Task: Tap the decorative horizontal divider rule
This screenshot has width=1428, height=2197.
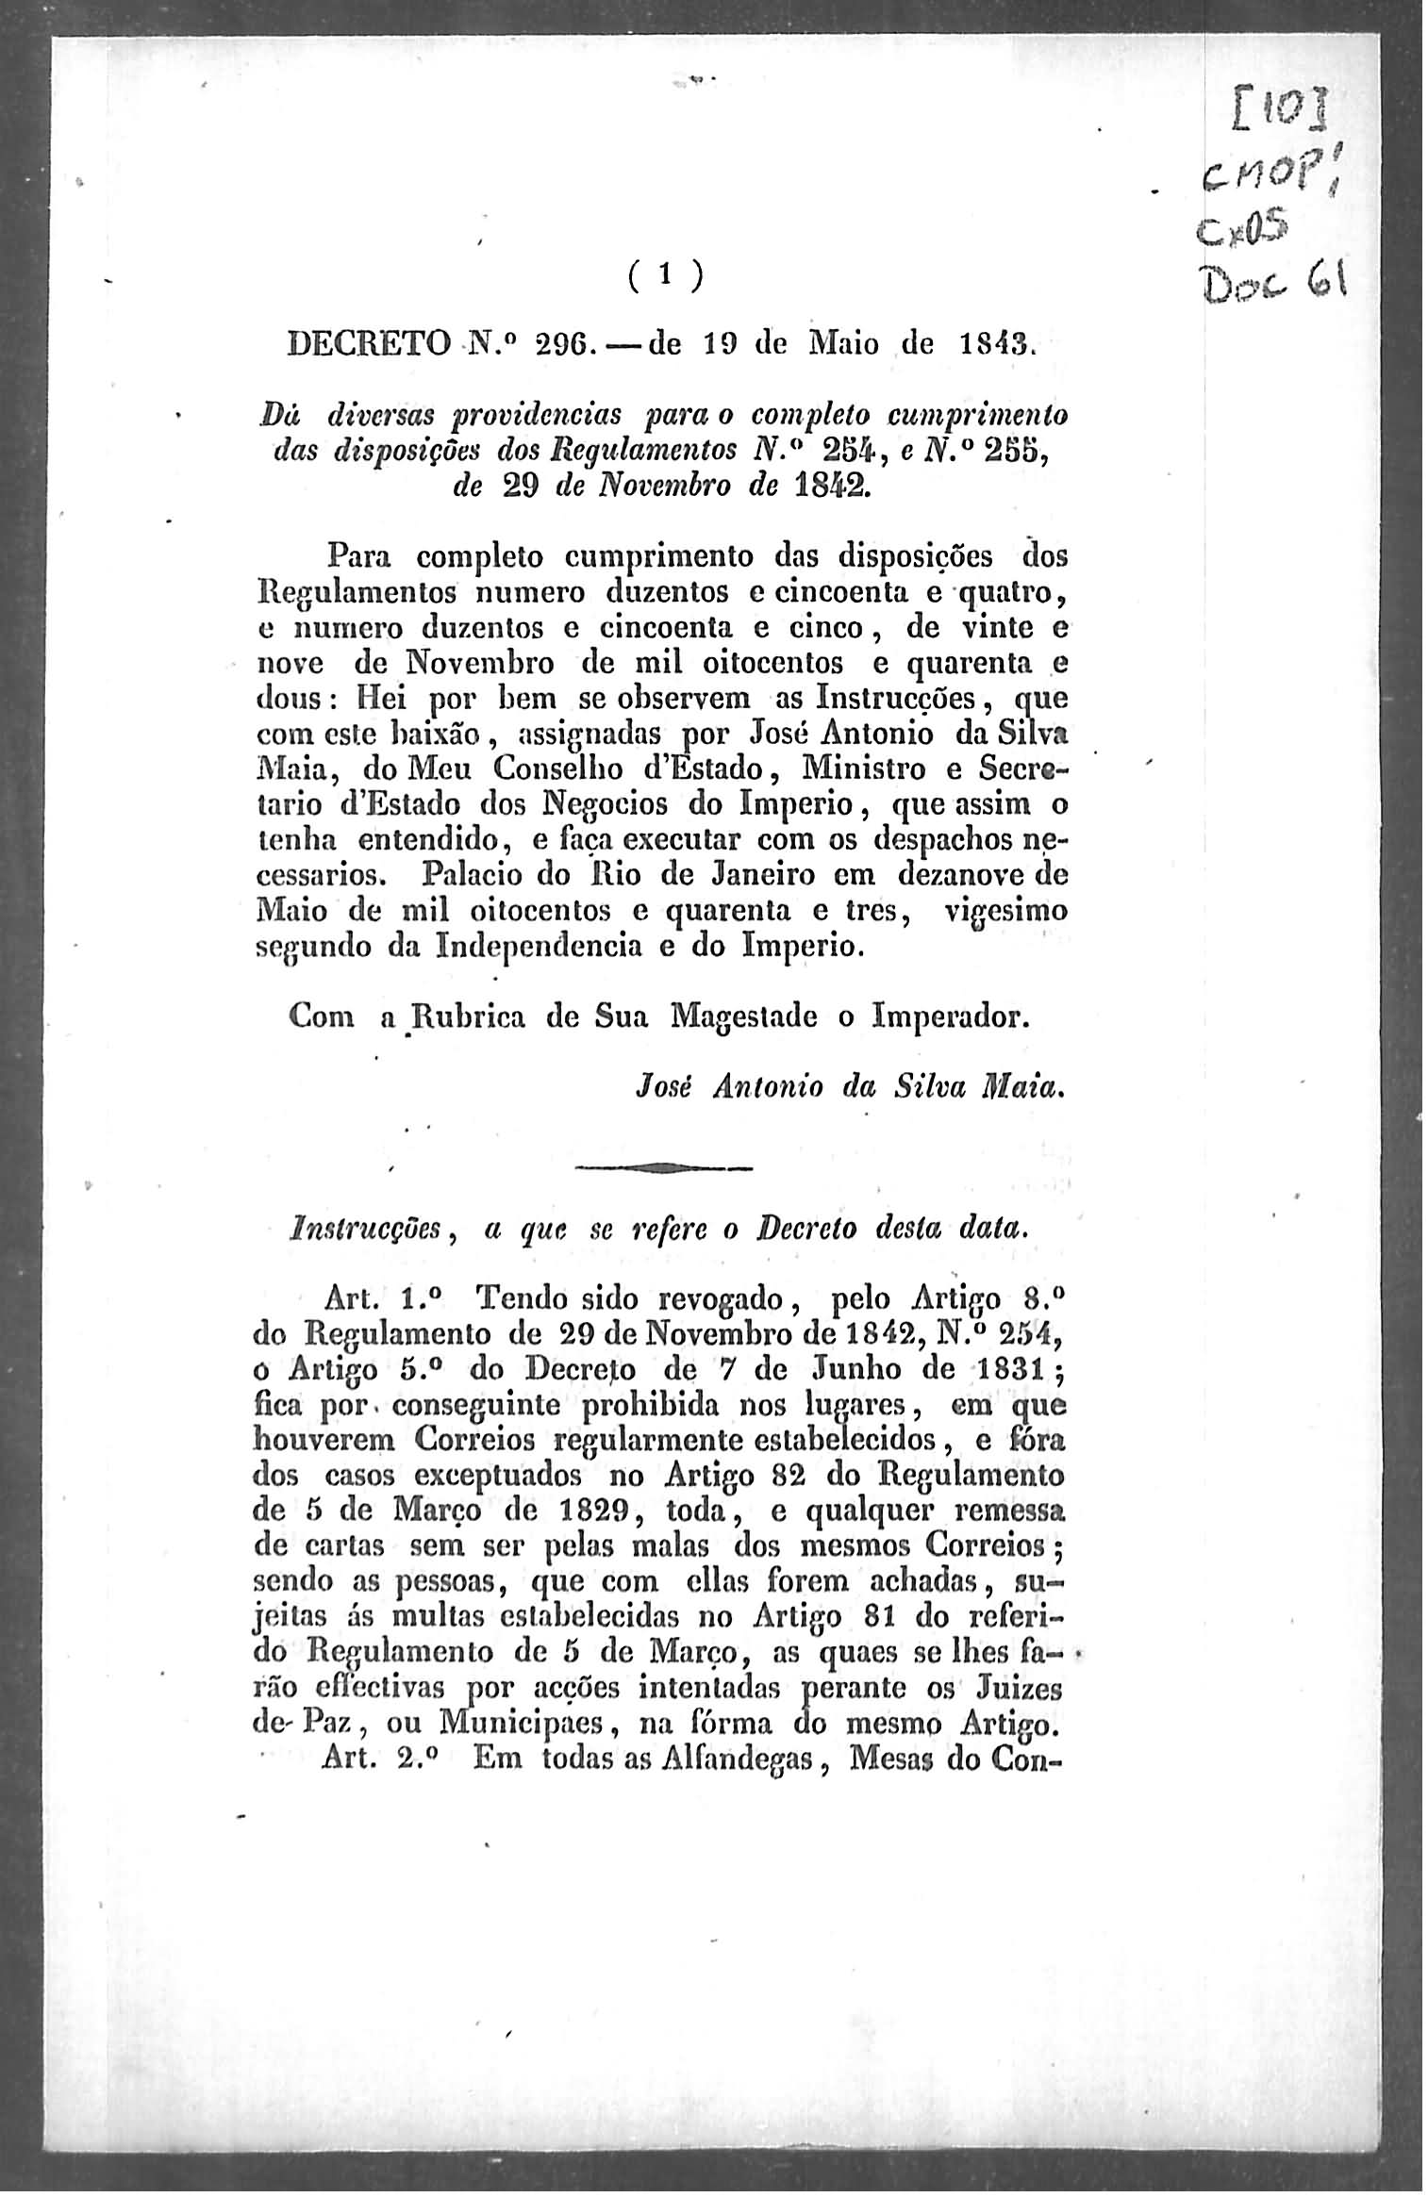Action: tap(663, 1168)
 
